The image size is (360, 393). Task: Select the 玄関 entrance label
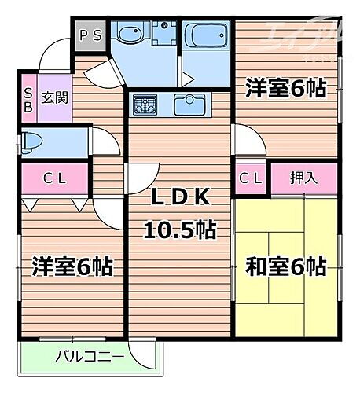tap(53, 98)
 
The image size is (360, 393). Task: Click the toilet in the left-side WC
tap(31, 142)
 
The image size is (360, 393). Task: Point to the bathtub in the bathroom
tap(204, 35)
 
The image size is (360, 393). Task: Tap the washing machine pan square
tap(162, 35)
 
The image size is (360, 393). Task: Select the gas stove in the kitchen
tap(145, 105)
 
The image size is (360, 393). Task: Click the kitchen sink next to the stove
tap(188, 105)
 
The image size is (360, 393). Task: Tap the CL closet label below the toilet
tap(54, 178)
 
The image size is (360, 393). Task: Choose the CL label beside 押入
tap(251, 178)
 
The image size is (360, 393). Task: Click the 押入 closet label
tap(303, 178)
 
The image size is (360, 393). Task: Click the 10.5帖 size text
tap(179, 230)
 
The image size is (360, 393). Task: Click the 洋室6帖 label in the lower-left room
tap(72, 266)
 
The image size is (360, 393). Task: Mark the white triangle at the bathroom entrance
tap(186, 79)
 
